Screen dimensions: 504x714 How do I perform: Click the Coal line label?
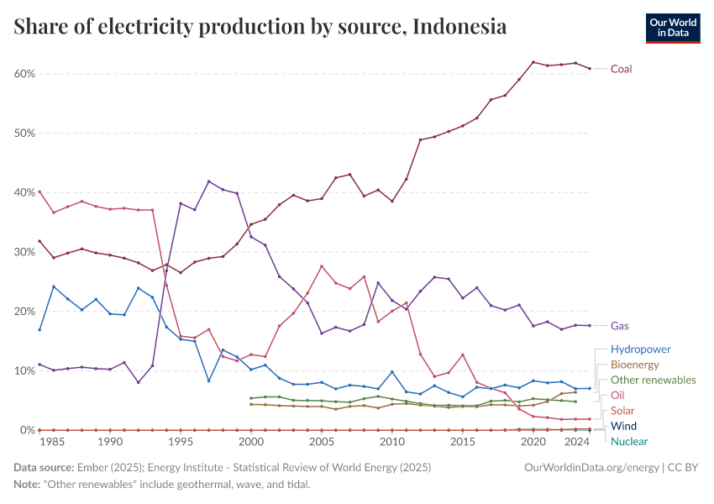[621, 69]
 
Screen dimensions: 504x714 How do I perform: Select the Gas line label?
[620, 326]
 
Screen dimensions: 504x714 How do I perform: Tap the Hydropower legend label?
[640, 349]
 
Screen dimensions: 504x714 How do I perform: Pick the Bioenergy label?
[634, 365]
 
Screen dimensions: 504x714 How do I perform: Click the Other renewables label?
[653, 380]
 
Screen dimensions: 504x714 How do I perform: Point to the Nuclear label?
[629, 441]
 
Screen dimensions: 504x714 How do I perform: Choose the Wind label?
[624, 426]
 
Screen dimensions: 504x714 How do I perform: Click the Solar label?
[622, 411]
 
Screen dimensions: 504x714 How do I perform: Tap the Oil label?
[617, 395]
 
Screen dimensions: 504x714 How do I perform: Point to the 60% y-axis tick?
[24, 74]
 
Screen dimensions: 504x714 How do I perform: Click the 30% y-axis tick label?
[24, 252]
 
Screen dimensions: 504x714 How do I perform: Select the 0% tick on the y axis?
[26, 430]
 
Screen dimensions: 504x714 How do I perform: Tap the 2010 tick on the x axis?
[391, 442]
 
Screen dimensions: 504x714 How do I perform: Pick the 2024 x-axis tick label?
[575, 442]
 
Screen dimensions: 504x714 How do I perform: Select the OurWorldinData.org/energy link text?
[591, 466]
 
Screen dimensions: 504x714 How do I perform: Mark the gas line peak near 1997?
[208, 181]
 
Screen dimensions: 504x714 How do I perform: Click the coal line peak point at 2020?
[533, 62]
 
